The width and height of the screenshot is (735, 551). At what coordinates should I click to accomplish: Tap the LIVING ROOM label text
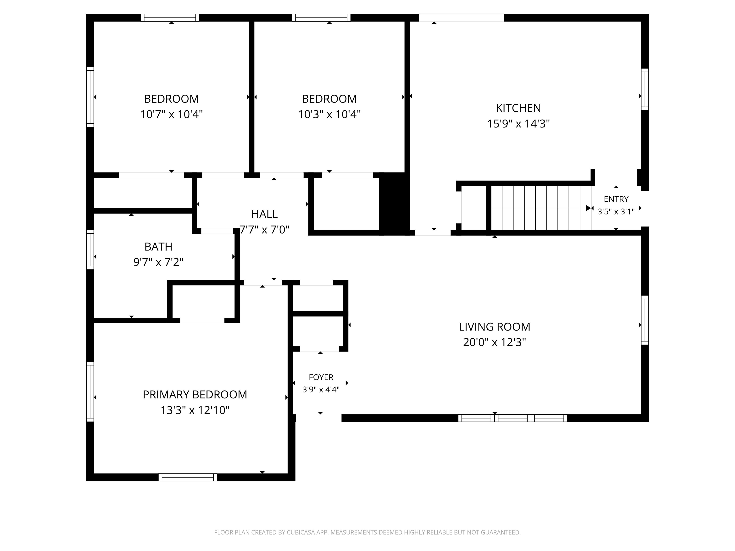(x=495, y=327)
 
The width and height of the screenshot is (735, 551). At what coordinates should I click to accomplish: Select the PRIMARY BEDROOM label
(x=195, y=395)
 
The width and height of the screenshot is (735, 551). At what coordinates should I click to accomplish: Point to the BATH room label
(x=158, y=247)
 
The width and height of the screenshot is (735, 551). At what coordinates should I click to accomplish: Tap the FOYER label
(x=321, y=377)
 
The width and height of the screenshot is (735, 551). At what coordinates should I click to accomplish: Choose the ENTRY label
(x=616, y=199)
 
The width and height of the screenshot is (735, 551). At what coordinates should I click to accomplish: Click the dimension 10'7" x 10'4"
(x=172, y=115)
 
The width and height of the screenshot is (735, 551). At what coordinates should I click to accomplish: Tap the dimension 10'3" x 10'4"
(x=329, y=115)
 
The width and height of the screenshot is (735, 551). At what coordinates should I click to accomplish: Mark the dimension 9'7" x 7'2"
(x=158, y=262)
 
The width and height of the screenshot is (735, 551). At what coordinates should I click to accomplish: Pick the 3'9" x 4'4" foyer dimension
(x=321, y=390)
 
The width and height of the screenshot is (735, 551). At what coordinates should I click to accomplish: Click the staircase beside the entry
(x=541, y=208)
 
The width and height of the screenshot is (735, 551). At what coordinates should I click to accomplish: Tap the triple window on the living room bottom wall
(x=512, y=418)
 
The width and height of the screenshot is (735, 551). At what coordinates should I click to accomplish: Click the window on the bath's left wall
(x=90, y=249)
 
